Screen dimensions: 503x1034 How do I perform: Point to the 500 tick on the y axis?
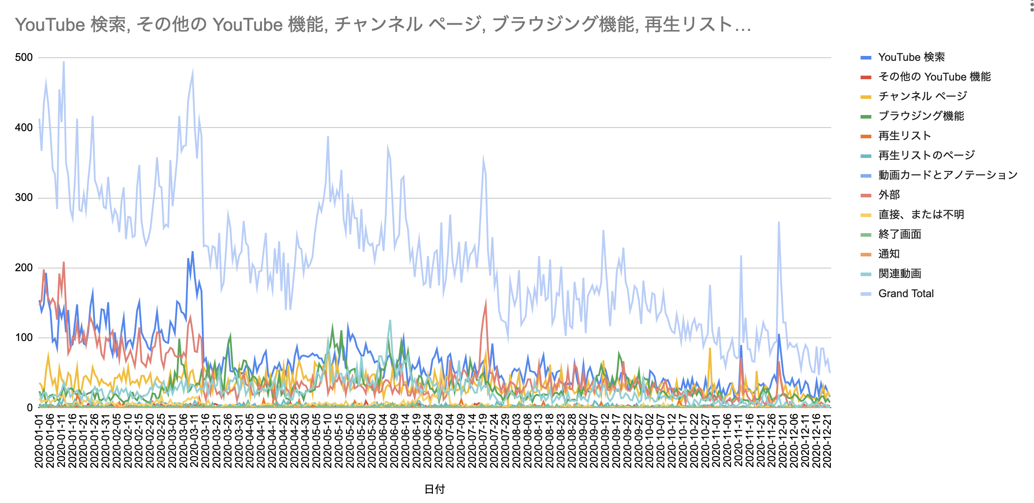(24, 57)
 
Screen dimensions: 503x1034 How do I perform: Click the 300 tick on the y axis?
(24, 197)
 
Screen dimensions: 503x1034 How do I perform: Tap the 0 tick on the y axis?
(30, 408)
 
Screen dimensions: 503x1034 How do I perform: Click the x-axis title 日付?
(434, 489)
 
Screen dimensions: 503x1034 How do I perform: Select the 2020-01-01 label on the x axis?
(39, 441)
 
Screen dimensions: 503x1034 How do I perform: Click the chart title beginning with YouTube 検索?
(383, 25)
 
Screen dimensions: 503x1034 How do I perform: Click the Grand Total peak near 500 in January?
(64, 62)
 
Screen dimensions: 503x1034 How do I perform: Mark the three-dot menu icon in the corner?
(1031, 5)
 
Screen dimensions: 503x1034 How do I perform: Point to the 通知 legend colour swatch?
(866, 254)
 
